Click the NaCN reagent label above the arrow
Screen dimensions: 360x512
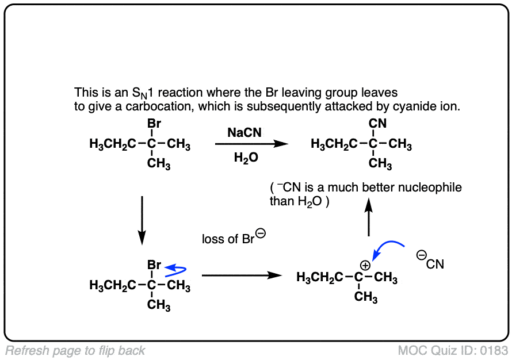coord(244,133)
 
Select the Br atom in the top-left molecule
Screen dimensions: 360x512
coord(154,124)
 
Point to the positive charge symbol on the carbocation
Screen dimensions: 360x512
coord(364,266)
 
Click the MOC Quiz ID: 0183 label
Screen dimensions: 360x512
coord(453,350)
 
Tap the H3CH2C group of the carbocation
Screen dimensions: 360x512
coord(319,278)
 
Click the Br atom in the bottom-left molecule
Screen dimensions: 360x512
coord(154,265)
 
